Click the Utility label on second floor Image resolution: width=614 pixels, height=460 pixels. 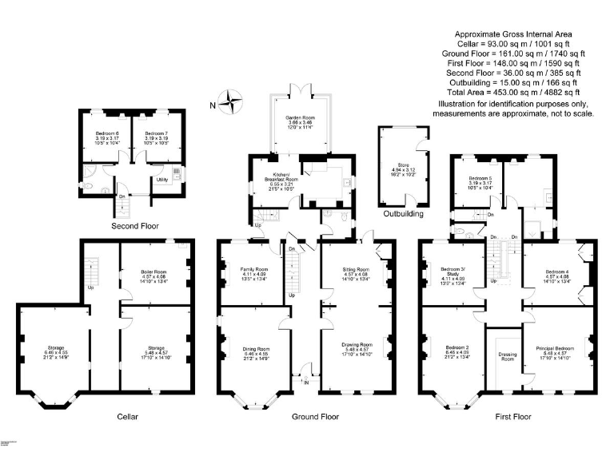161,180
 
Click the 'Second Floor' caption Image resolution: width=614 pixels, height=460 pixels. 133,226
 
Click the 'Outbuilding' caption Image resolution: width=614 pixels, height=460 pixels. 404,214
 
